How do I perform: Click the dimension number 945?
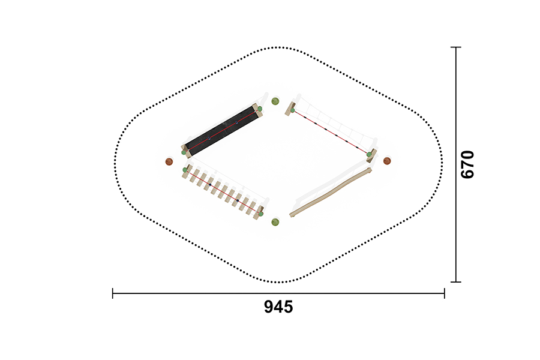pyautogui.click(x=278, y=307)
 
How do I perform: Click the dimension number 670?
pyautogui.click(x=467, y=164)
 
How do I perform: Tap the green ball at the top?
pyautogui.click(x=275, y=101)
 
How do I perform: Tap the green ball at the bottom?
pyautogui.click(x=275, y=222)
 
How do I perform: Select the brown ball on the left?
pyautogui.click(x=169, y=161)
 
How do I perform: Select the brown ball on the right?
pyautogui.click(x=387, y=161)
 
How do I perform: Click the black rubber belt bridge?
pyautogui.click(x=222, y=131)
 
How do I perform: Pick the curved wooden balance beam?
pyautogui.click(x=331, y=192)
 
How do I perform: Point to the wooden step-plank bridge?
pyautogui.click(x=223, y=191)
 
